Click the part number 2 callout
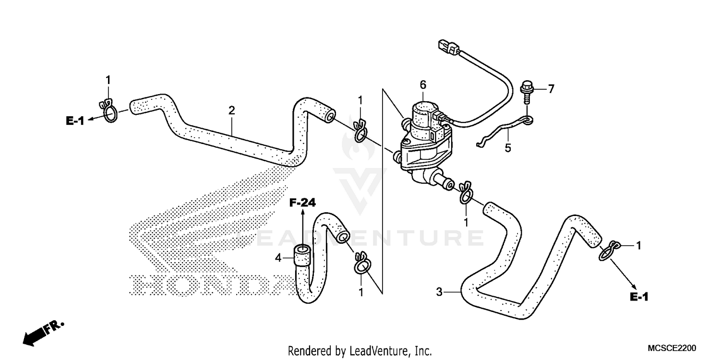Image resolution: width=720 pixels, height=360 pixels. click(x=232, y=110)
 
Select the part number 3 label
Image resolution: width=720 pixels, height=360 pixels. click(x=439, y=291)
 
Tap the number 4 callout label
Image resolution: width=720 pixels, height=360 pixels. click(x=277, y=258)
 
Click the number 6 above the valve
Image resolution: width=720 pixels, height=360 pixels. click(x=423, y=85)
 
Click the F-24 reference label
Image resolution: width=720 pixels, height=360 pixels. click(x=302, y=203)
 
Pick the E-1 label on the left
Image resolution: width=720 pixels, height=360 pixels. click(x=75, y=121)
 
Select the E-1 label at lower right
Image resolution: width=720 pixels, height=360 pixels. click(x=639, y=298)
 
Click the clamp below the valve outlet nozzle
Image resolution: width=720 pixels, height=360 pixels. click(x=466, y=192)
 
